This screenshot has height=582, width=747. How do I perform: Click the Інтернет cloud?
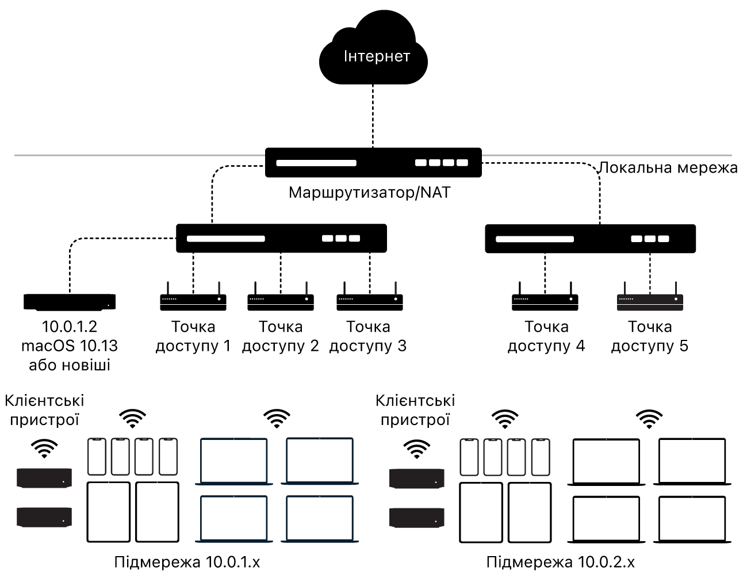373,48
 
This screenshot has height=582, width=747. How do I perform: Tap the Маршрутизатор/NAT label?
370,193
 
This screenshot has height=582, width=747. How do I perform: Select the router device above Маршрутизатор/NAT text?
373,163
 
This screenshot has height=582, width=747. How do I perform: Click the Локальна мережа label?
668,168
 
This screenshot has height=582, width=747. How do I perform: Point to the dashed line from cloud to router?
373,116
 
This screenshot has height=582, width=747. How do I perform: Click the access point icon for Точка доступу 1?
193,296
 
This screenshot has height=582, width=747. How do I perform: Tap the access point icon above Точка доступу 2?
281,296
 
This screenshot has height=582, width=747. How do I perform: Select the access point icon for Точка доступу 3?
370,296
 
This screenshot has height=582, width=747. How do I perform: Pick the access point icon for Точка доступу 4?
545,296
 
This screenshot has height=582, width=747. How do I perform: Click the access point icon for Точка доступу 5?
650,296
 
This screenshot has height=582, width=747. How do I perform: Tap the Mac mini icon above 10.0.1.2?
70,302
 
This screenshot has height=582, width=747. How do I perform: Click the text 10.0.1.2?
70,327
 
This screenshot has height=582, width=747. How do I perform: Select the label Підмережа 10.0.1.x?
187,562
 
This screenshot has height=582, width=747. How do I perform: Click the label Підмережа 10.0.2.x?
560,562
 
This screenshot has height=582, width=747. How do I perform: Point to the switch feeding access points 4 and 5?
590,239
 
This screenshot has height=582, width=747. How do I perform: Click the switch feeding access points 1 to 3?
281,238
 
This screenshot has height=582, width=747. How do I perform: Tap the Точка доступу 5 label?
650,336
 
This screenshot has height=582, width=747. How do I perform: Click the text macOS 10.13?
70,346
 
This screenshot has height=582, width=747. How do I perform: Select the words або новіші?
70,365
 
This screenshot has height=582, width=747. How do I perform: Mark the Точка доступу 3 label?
368,336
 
